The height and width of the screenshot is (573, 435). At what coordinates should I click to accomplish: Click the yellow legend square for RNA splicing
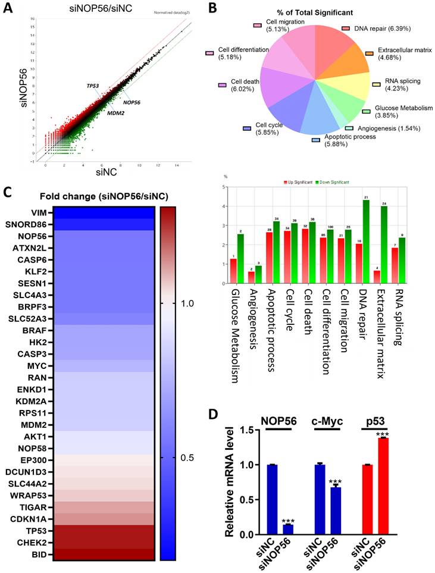(375, 84)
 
